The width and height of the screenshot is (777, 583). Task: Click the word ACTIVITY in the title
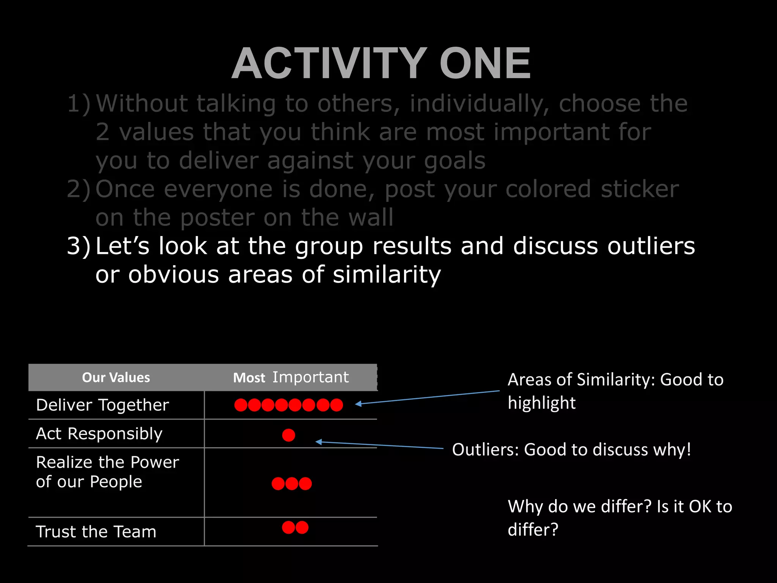(329, 63)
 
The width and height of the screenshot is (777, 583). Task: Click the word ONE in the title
(485, 63)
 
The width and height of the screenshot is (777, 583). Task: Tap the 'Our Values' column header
(116, 378)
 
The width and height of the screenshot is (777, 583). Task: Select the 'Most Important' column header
(291, 378)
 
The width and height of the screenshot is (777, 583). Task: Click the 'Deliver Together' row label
(102, 405)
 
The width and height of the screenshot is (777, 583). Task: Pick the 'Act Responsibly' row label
(99, 433)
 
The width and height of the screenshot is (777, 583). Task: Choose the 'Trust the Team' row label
(96, 531)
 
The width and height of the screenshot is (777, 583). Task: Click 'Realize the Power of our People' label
(107, 472)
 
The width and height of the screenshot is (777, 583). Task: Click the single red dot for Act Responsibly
(289, 435)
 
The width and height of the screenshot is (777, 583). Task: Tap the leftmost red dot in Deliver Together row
(241, 405)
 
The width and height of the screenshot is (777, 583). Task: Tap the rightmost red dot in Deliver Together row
(337, 405)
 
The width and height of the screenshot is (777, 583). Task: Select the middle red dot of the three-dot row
(292, 484)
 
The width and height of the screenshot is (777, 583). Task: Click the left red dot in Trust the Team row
(288, 528)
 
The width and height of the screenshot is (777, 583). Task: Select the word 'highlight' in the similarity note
(541, 403)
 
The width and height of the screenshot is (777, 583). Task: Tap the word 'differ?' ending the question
(533, 529)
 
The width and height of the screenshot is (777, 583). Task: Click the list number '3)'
(79, 246)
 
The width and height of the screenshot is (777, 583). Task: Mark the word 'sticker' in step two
(640, 189)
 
